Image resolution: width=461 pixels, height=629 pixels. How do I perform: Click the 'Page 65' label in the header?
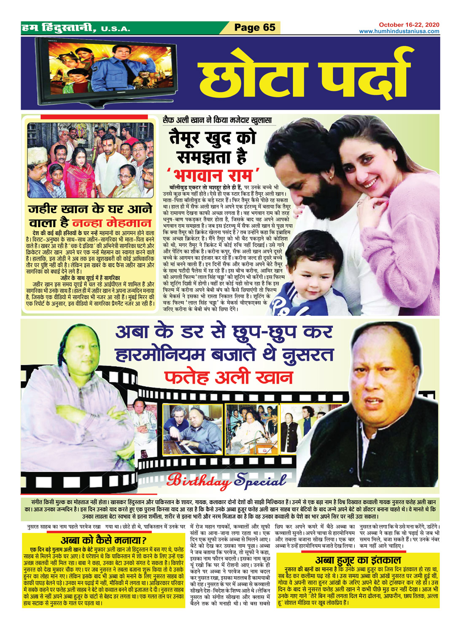[x=255, y=27]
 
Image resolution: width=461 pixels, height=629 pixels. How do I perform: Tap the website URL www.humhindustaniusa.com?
[x=399, y=31]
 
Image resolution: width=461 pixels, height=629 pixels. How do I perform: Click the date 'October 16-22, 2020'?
[x=409, y=25]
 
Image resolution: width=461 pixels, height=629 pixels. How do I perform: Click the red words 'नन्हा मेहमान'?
[x=112, y=223]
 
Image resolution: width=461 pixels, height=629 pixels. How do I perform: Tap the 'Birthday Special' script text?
[x=226, y=480]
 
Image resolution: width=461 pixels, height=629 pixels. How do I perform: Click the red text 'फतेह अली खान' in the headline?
[x=228, y=377]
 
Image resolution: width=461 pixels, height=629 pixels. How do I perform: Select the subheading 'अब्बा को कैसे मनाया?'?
[x=103, y=540]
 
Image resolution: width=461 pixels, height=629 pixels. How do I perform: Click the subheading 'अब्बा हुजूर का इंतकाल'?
[x=358, y=560]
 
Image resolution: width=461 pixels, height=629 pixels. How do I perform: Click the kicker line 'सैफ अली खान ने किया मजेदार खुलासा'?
[x=217, y=120]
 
